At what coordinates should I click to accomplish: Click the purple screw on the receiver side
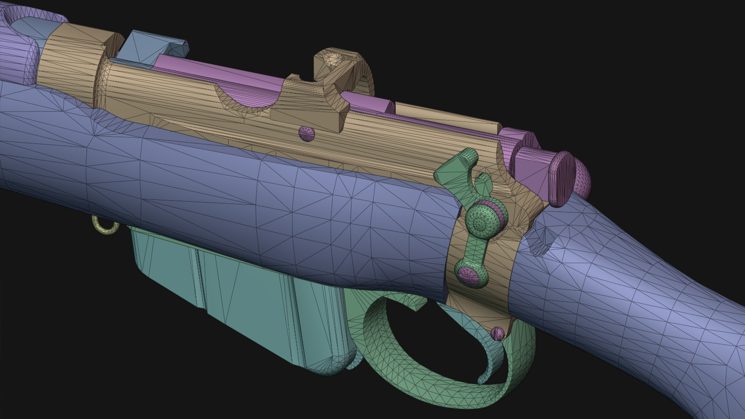click(307, 134)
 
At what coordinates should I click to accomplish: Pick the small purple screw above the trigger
click(498, 333)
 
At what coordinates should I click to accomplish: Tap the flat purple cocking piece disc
click(561, 178)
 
